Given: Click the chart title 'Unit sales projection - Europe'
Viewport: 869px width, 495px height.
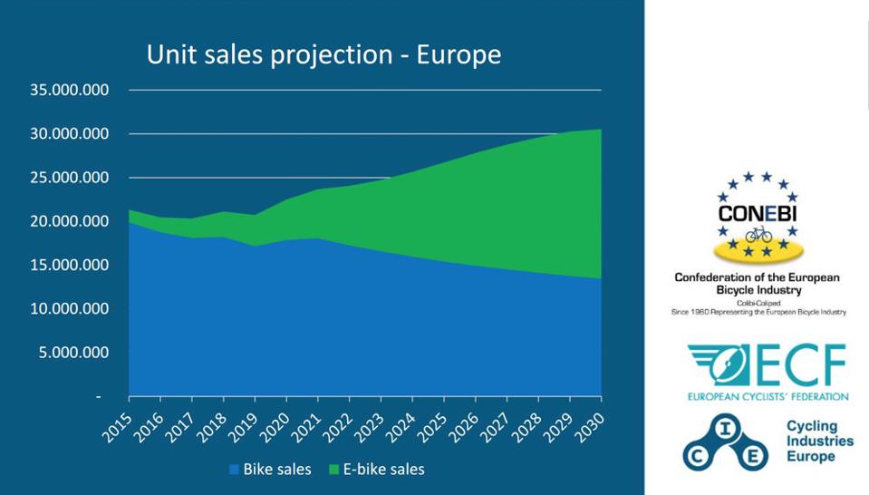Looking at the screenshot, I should pyautogui.click(x=323, y=54).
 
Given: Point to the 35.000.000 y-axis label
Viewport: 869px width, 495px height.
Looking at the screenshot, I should pyautogui.click(x=70, y=90).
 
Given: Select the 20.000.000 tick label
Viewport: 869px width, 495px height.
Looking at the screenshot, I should pyautogui.click(x=70, y=221).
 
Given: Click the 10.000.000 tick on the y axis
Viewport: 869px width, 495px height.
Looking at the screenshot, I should pyautogui.click(x=70, y=309).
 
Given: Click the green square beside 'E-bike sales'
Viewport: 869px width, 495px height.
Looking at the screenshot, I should pyautogui.click(x=333, y=470).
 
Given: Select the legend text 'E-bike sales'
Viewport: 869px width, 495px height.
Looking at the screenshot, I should pyautogui.click(x=383, y=470).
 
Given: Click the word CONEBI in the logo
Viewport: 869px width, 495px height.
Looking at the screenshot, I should pyautogui.click(x=757, y=215).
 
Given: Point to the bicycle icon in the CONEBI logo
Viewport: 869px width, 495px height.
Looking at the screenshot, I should pyautogui.click(x=758, y=235).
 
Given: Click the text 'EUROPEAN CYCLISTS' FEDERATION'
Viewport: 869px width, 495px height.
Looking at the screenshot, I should pyautogui.click(x=767, y=397).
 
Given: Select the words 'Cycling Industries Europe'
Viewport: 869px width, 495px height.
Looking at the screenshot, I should pyautogui.click(x=819, y=442).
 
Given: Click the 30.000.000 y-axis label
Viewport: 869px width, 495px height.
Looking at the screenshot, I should pyautogui.click(x=70, y=134).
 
